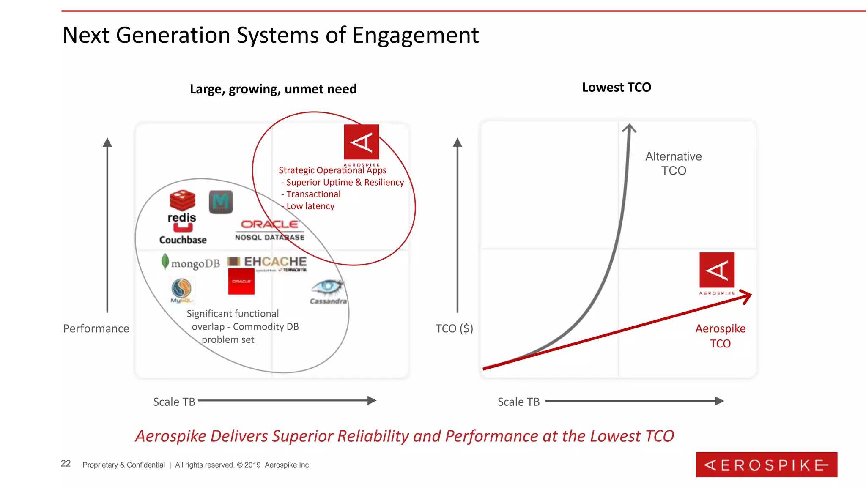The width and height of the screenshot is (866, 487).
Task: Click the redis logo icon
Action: [182, 200]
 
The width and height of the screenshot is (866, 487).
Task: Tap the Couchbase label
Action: [183, 240]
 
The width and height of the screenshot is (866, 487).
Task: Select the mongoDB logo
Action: [191, 263]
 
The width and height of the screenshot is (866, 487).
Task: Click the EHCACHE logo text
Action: [275, 262]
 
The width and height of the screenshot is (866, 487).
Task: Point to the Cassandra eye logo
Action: [327, 287]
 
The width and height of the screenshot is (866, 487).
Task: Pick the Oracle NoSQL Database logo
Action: [270, 230]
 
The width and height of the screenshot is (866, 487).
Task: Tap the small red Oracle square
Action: [241, 282]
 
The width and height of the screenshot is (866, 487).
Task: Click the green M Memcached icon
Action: [221, 202]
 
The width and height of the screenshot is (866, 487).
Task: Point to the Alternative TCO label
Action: [674, 164]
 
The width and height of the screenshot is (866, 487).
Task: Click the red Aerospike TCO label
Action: [720, 336]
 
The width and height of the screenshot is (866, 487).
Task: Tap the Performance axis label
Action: [96, 328]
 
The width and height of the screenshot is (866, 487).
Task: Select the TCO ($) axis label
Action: [454, 328]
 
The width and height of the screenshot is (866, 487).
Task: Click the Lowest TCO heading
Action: [617, 88]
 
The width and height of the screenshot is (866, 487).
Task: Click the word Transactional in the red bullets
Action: [313, 194]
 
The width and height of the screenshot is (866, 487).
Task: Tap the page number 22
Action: [66, 463]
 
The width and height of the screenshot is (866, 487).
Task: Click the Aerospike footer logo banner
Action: [766, 465]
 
